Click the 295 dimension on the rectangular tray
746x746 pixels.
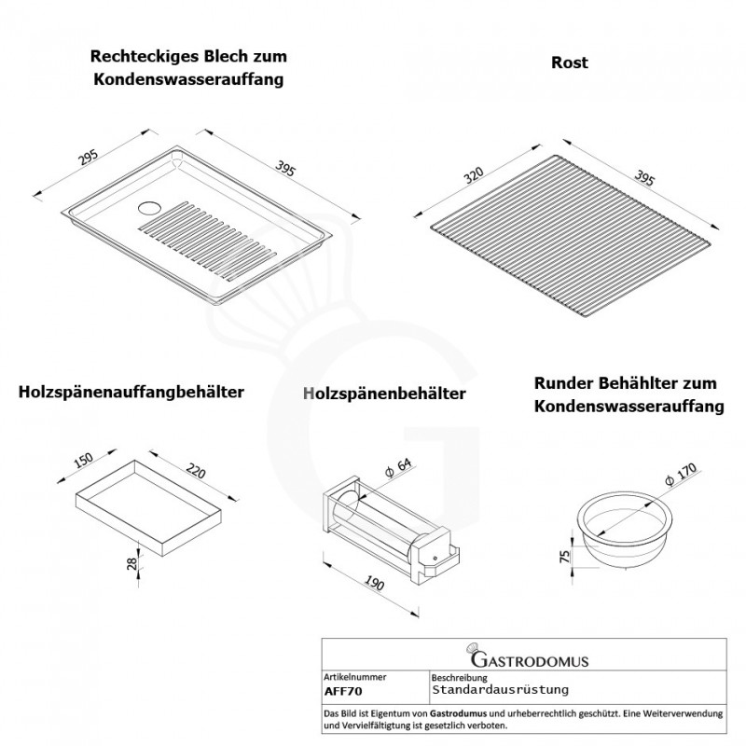(89, 158)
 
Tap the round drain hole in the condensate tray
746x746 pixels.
(150, 208)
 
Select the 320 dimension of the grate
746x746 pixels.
(474, 175)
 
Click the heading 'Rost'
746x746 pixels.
(569, 62)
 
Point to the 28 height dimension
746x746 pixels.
(131, 564)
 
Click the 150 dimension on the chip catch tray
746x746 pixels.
(84, 460)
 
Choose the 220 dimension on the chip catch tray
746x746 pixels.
(196, 471)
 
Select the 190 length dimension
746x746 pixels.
(375, 584)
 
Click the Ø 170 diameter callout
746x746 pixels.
(682, 475)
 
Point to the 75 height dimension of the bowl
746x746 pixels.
(565, 556)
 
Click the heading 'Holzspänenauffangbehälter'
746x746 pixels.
(131, 393)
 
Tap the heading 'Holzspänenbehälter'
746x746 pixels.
(384, 394)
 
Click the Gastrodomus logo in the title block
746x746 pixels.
(527, 656)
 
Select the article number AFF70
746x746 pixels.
(343, 691)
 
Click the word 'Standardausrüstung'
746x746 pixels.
(500, 690)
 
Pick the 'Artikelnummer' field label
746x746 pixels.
(355, 677)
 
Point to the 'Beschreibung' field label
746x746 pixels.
(459, 678)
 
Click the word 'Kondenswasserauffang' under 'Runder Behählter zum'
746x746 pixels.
(629, 407)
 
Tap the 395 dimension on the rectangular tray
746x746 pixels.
(285, 170)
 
